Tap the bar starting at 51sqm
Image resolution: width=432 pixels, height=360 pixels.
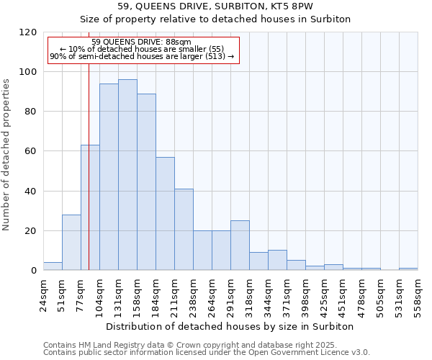point(71,243)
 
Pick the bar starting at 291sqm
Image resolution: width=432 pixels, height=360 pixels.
point(240,246)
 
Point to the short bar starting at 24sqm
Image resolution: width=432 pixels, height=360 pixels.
point(53,266)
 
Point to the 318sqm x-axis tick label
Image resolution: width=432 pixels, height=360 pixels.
point(249,294)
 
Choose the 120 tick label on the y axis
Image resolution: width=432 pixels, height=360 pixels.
point(28,32)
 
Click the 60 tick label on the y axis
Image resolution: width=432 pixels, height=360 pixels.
point(31,151)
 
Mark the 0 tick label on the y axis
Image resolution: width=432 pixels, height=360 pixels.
point(34,271)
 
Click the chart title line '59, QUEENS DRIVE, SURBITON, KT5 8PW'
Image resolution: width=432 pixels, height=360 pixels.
point(215,6)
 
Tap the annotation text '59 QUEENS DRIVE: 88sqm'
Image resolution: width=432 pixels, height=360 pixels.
point(142,42)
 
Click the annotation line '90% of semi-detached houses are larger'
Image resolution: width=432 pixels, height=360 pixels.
point(142,56)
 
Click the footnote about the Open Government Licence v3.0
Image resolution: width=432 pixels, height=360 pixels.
point(207,352)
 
